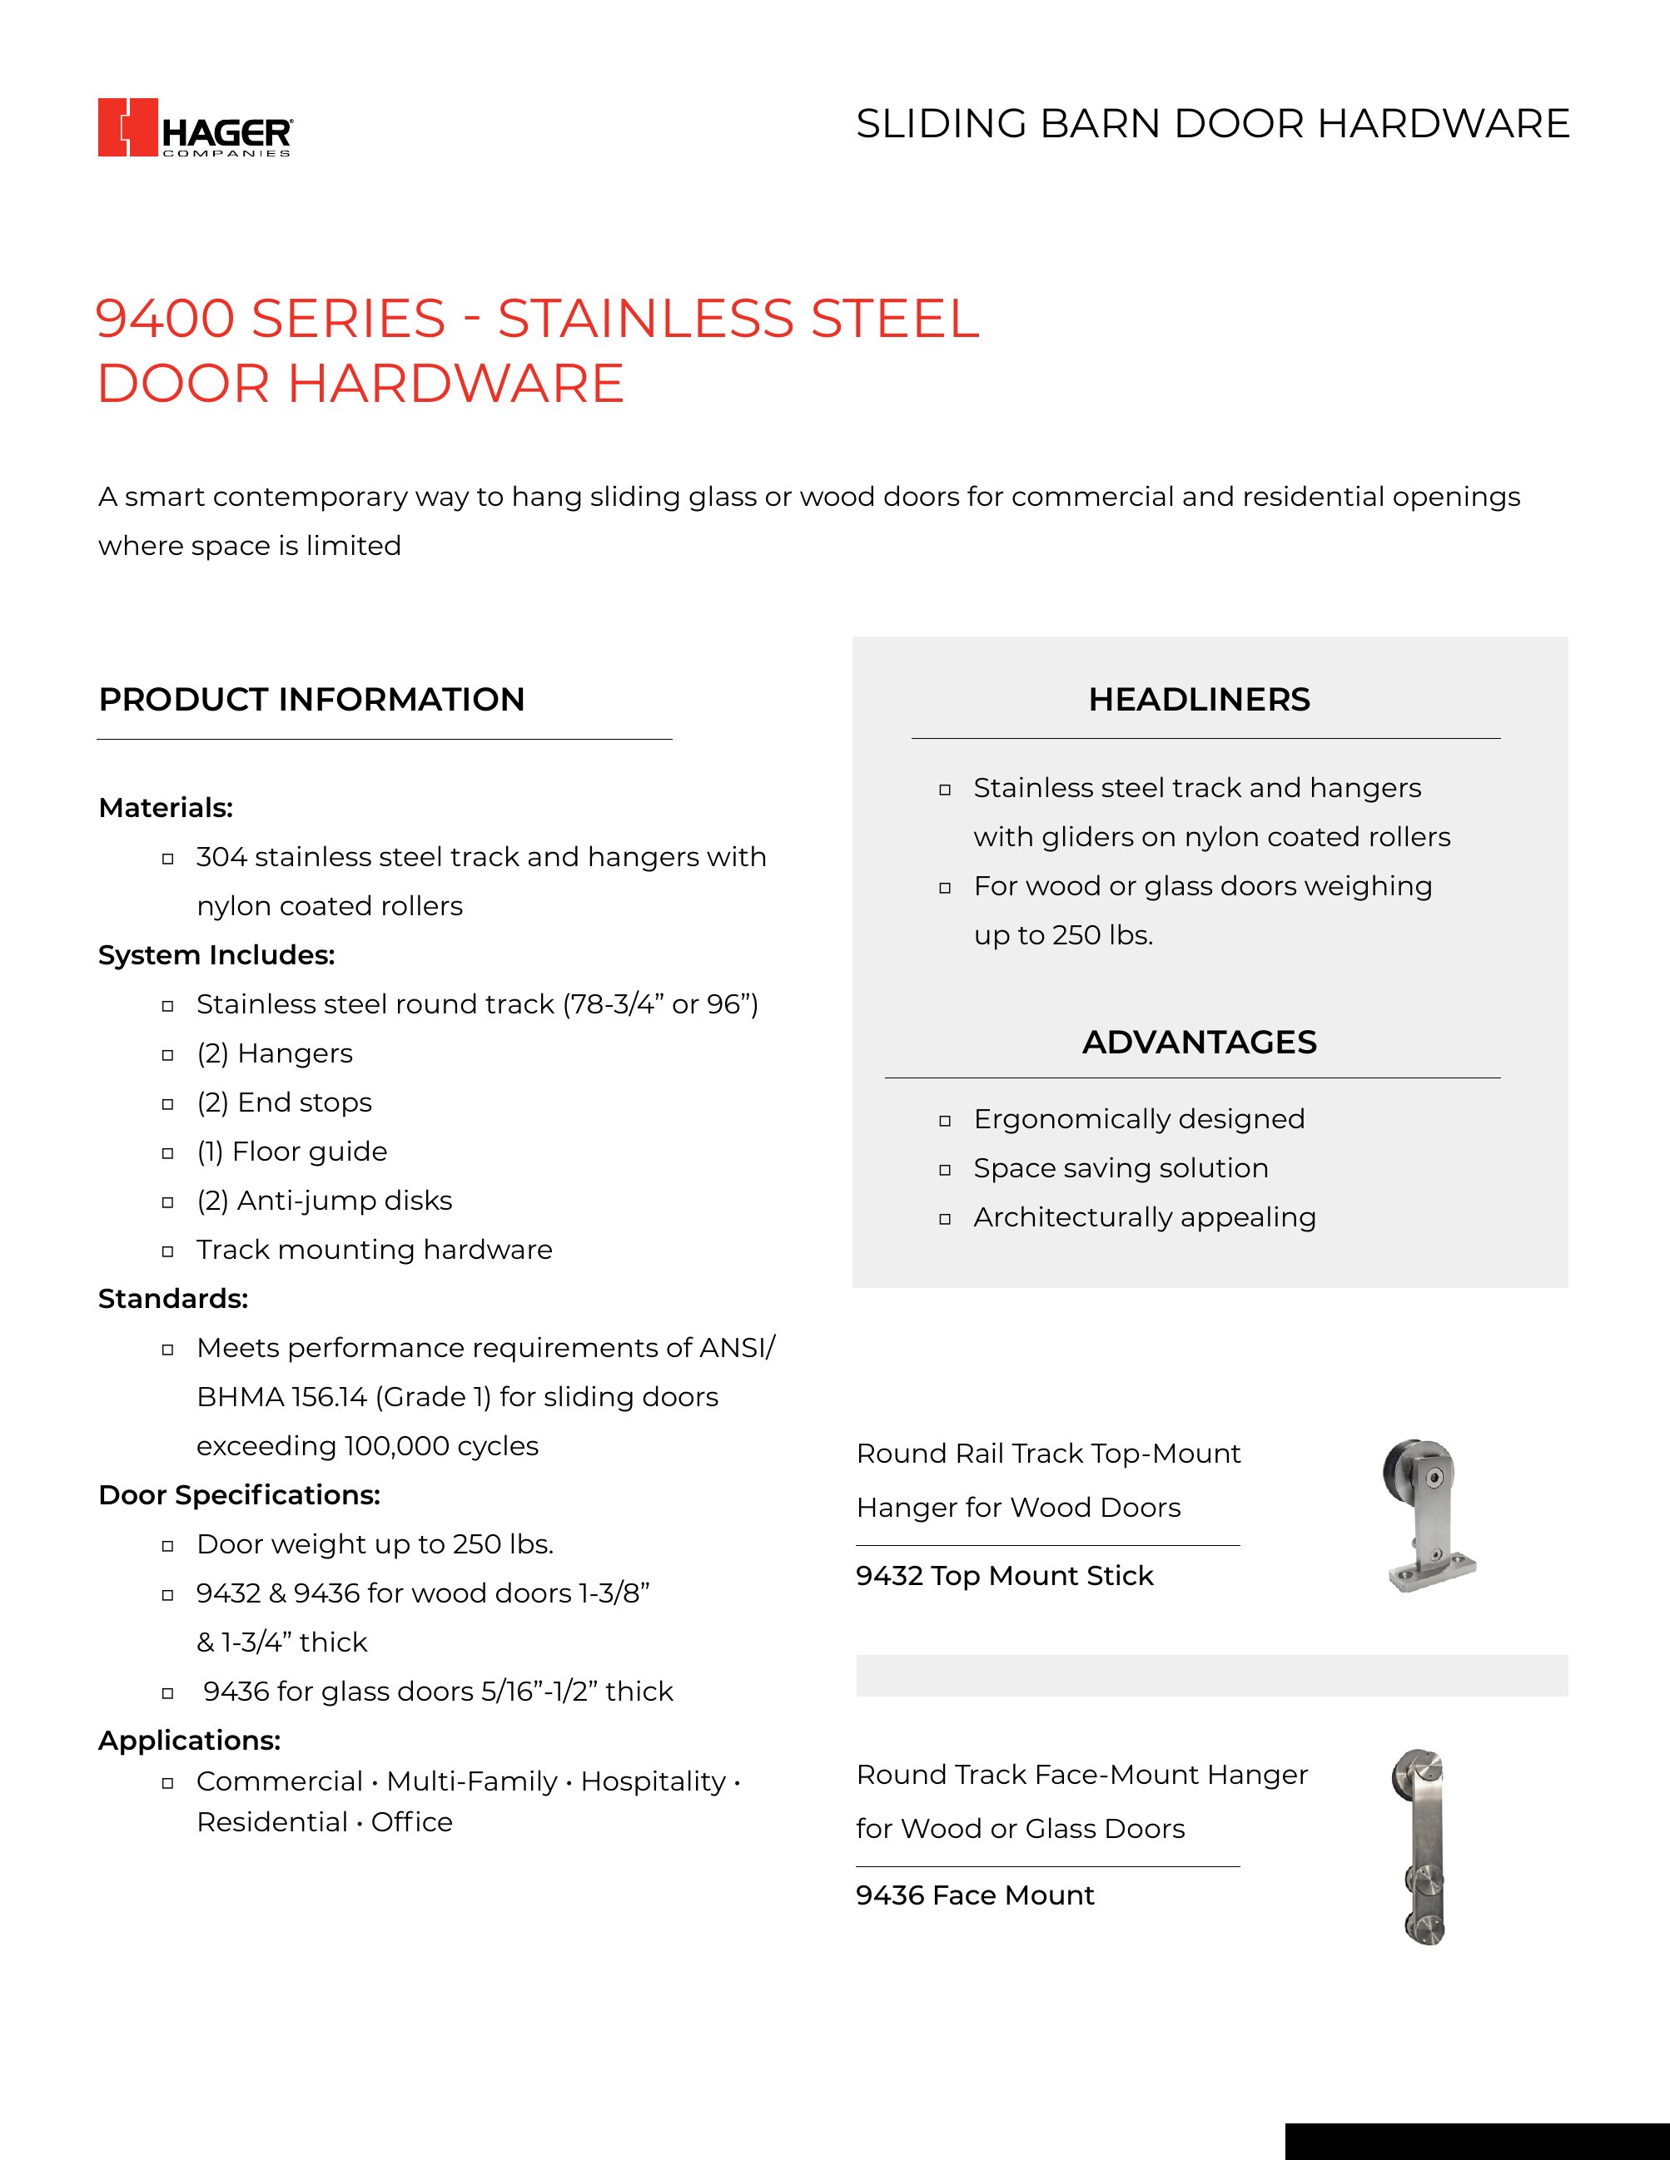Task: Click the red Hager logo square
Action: pyautogui.click(x=127, y=126)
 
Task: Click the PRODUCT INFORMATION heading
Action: pyautogui.click(x=311, y=699)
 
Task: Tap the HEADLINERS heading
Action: pyautogui.click(x=1199, y=699)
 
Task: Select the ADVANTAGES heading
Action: pyautogui.click(x=1199, y=1042)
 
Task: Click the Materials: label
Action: pyautogui.click(x=165, y=808)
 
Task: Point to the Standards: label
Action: pyautogui.click(x=173, y=1299)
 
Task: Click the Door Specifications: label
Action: pyautogui.click(x=240, y=1494)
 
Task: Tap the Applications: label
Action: pyautogui.click(x=189, y=1740)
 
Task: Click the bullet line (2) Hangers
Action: pyautogui.click(x=274, y=1053)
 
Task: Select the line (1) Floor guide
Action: pyautogui.click(x=292, y=1152)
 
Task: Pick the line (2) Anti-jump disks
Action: pyautogui.click(x=324, y=1201)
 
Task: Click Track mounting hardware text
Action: pyautogui.click(x=374, y=1249)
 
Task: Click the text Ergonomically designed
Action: pyautogui.click(x=1139, y=1118)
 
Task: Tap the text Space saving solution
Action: pyautogui.click(x=1120, y=1168)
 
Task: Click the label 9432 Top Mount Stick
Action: pyautogui.click(x=1004, y=1576)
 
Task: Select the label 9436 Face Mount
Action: pyautogui.click(x=975, y=1895)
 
